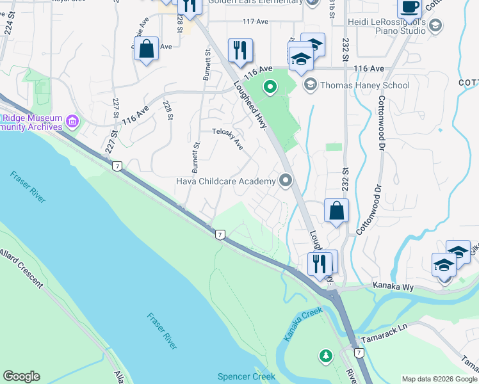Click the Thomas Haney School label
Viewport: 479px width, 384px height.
click(x=364, y=85)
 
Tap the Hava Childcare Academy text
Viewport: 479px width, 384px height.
click(x=225, y=181)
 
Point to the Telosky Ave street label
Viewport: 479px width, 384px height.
click(x=228, y=138)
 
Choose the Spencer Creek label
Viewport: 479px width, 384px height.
click(x=247, y=376)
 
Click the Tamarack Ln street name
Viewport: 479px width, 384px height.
click(x=384, y=326)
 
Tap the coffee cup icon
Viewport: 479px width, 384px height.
click(x=409, y=8)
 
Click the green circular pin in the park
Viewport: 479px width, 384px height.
click(x=270, y=85)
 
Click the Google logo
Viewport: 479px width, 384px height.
click(x=21, y=376)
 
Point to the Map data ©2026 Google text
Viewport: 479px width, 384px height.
click(x=439, y=379)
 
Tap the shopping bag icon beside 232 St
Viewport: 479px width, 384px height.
click(x=336, y=211)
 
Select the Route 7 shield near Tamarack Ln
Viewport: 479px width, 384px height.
click(x=359, y=353)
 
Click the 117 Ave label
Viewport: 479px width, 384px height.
click(x=256, y=21)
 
